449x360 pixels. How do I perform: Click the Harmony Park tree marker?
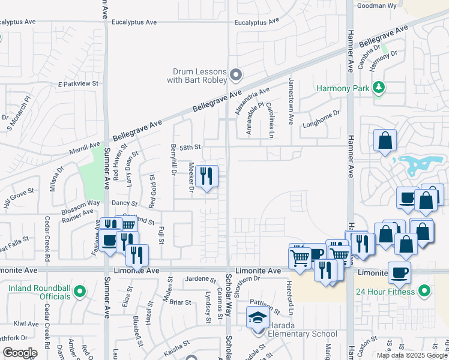379,88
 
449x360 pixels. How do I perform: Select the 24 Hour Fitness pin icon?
425,292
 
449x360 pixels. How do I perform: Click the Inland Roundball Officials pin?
81,292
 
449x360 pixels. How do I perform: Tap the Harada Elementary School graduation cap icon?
258,318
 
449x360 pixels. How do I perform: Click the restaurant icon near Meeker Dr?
206,176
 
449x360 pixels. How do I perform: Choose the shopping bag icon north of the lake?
385,141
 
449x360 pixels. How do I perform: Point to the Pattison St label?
265,307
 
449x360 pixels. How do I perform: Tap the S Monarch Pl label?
19,115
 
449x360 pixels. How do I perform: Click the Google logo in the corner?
19,353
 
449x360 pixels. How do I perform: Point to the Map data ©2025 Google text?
412,355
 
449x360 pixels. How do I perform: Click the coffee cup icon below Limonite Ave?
399,272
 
